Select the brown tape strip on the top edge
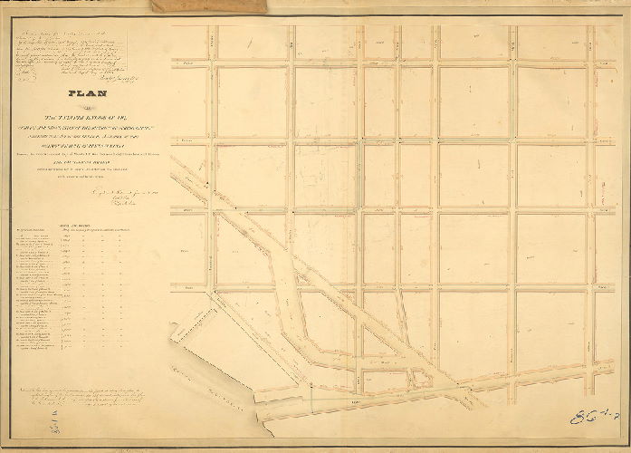[209, 6]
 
